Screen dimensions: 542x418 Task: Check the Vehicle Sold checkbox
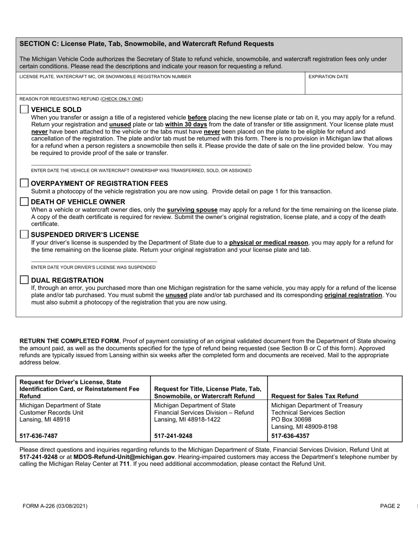tap(24, 110)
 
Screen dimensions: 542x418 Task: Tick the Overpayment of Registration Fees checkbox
tap(24, 183)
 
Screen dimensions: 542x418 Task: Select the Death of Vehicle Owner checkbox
tap(24, 202)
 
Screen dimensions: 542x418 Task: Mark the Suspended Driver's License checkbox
tap(24, 234)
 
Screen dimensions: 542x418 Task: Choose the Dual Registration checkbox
tap(24, 280)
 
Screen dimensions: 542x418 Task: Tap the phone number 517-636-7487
tap(39, 436)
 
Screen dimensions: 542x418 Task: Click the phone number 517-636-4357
tap(290, 436)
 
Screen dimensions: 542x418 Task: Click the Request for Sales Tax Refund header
tap(315, 396)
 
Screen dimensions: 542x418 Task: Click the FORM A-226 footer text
tap(55, 506)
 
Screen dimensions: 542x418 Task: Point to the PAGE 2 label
tap(390, 506)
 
